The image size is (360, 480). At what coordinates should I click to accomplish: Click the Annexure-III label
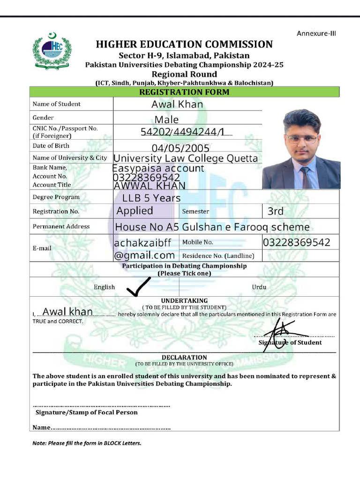point(316,33)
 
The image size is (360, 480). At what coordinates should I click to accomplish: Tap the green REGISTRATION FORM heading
point(184,92)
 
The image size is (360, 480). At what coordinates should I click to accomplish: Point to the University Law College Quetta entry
point(186,158)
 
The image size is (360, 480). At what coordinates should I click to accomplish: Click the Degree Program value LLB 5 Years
point(148,198)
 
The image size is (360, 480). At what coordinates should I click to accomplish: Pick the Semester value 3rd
point(276,211)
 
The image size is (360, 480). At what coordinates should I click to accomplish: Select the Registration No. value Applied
point(135,211)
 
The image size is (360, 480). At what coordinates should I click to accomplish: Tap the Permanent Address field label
point(61,226)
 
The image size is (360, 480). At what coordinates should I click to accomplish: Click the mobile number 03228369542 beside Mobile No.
point(296,242)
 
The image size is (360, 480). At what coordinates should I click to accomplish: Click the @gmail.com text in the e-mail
point(144,255)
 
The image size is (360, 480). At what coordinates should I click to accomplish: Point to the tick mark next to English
point(139,287)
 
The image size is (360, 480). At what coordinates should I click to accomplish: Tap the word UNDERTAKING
point(184,300)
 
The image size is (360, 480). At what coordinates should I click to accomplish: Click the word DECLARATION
point(184,357)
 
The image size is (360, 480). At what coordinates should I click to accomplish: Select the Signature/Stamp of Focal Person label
point(87,412)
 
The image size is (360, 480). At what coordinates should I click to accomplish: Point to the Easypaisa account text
point(158,168)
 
